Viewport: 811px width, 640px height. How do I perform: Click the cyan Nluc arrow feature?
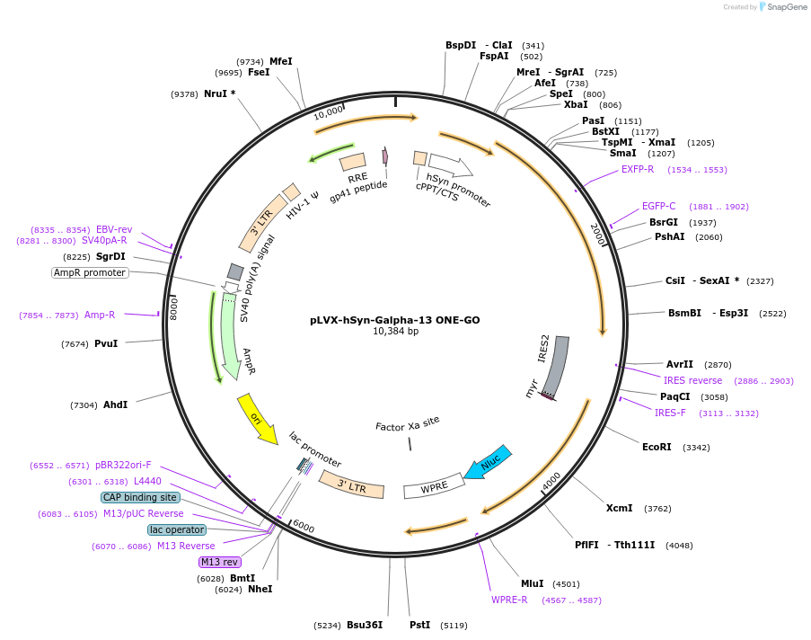[x=488, y=462]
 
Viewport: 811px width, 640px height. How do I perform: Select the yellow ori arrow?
[x=257, y=420]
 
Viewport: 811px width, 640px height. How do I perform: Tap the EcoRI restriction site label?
[x=657, y=447]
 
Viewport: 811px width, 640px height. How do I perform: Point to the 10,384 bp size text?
[x=396, y=331]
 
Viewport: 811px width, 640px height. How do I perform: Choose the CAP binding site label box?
[x=140, y=497]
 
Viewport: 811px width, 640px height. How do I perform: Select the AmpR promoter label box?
[x=90, y=272]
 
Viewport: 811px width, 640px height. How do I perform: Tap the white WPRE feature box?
[x=434, y=486]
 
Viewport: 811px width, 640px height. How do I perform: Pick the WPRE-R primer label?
[x=509, y=600]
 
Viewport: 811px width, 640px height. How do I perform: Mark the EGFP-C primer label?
[x=658, y=206]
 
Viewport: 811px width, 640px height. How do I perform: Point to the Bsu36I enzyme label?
[x=365, y=625]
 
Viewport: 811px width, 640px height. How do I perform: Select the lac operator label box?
[x=177, y=529]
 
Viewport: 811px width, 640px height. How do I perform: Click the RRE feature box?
[x=353, y=162]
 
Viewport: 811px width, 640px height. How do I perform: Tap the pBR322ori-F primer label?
[x=123, y=465]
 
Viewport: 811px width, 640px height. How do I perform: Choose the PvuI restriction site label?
[x=106, y=343]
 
